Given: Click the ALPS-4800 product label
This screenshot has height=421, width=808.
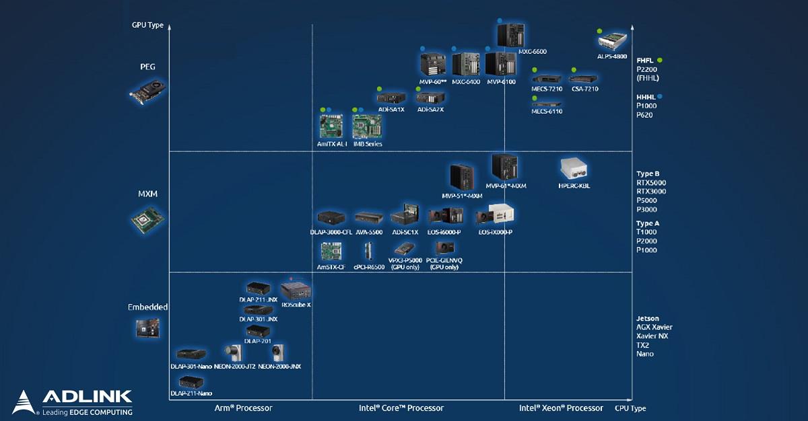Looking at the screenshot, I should [x=613, y=56].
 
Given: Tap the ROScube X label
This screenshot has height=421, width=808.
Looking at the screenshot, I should [x=296, y=305].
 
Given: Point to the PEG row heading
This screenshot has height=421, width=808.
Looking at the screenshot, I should [x=147, y=67].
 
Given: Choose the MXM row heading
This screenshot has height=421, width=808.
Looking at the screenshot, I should [x=147, y=194].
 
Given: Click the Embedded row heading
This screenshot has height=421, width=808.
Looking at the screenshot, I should [x=147, y=307].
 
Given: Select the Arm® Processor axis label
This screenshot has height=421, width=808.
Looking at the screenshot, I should [x=243, y=408].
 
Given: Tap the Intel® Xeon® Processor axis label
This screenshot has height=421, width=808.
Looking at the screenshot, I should [x=561, y=408].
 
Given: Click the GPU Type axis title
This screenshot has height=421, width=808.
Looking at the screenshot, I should [x=147, y=26].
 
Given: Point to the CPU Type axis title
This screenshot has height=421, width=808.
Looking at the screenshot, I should [x=630, y=408].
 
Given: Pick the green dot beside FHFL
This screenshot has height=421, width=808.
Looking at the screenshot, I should [x=660, y=60].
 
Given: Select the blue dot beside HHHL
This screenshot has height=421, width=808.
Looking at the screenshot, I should [x=660, y=97].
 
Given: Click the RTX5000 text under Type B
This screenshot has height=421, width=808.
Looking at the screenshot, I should [x=651, y=183].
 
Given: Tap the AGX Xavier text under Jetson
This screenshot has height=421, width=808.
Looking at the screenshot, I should [x=654, y=328].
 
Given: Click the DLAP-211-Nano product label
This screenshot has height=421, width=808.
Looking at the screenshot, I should [x=191, y=393].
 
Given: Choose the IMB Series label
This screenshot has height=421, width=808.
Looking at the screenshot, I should [x=368, y=144].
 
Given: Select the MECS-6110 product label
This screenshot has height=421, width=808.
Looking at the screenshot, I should [x=547, y=112].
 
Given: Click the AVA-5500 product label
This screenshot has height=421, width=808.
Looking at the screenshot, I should [x=369, y=233].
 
